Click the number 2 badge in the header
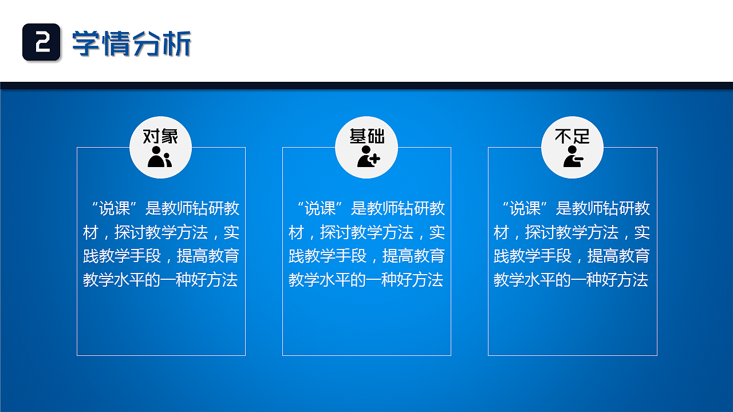(41, 42)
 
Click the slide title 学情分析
(131, 43)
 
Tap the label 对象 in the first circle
(160, 136)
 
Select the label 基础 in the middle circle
(366, 136)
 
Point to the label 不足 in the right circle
(572, 136)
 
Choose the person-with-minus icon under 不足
(573, 156)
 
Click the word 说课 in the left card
(115, 208)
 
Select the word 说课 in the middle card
(321, 208)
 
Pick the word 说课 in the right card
(526, 208)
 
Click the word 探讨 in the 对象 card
(130, 232)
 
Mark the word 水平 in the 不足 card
(541, 280)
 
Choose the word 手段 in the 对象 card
(145, 256)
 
